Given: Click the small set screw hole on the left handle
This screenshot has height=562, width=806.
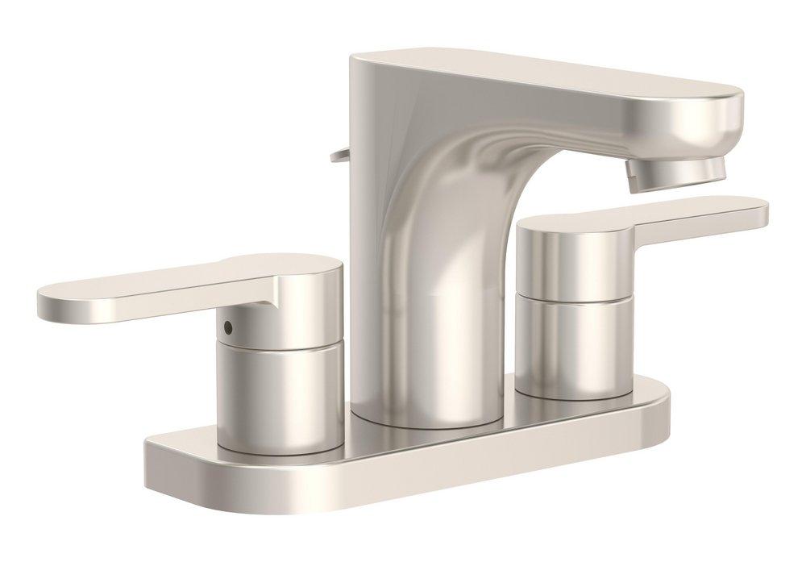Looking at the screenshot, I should (x=230, y=327).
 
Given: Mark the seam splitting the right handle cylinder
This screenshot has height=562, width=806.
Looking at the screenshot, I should (x=572, y=297).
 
